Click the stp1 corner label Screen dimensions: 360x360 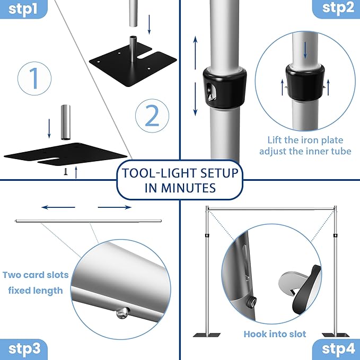[22, 8]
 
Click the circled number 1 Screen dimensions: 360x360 [34, 78]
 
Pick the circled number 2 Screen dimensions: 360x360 [152, 116]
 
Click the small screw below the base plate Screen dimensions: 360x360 [66, 171]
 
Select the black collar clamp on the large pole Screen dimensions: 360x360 [225, 88]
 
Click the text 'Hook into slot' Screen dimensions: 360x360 [275, 334]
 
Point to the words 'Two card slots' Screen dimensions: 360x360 [36, 275]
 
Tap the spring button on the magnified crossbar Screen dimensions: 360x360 [123, 313]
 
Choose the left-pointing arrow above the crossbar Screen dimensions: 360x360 [58, 207]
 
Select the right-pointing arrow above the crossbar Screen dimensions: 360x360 [115, 207]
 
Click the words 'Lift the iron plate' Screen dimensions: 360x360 [305, 140]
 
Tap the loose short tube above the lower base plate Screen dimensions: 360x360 [65, 122]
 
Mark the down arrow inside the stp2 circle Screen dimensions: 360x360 [305, 50]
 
